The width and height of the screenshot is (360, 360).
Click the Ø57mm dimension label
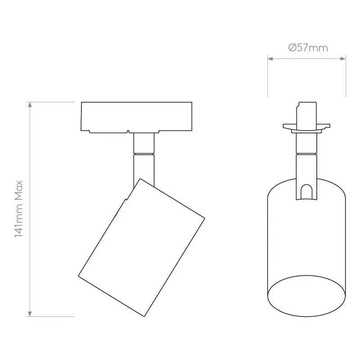click(308, 48)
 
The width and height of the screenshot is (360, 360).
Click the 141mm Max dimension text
click(18, 209)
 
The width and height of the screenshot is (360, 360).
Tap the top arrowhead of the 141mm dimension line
click(30, 105)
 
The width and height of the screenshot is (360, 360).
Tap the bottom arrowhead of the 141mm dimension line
click(30, 314)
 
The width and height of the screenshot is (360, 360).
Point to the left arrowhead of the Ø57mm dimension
click(270, 59)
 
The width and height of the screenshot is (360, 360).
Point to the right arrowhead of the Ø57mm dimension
click(343, 59)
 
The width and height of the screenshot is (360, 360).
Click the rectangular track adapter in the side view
click(136, 117)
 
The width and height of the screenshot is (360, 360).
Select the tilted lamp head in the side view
click(141, 236)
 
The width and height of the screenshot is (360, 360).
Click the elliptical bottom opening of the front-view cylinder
click(306, 296)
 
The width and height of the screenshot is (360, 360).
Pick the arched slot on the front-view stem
click(306, 192)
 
